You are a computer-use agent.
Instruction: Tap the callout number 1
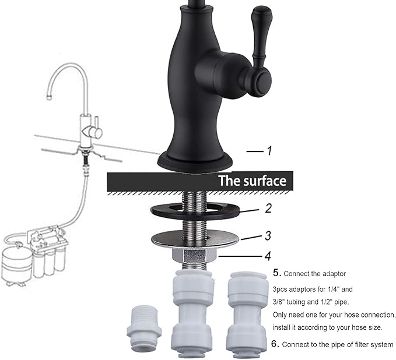269,151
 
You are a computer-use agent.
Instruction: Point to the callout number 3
268,236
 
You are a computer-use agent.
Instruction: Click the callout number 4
268,255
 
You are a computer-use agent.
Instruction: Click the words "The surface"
252,181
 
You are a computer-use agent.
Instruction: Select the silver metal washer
195,239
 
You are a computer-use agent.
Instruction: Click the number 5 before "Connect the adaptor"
276,273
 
